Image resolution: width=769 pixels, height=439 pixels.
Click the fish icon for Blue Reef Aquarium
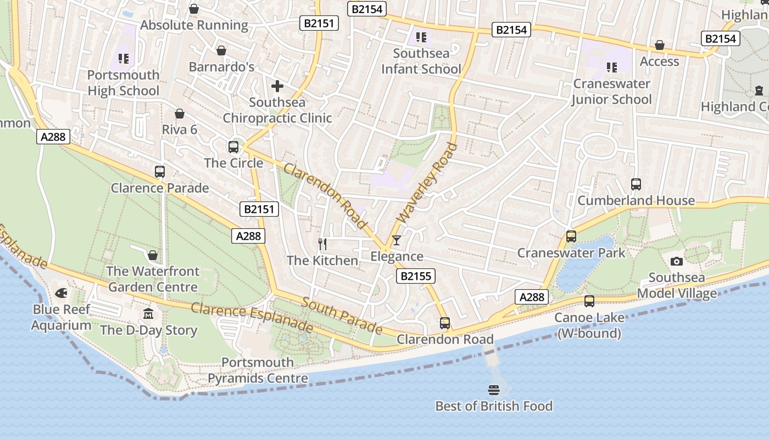click(61, 293)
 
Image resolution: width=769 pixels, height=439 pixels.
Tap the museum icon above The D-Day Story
click(148, 314)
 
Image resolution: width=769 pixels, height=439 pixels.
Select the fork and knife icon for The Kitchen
click(322, 244)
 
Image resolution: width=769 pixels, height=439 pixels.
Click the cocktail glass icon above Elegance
click(396, 240)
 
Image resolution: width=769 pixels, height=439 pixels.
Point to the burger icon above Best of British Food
click(493, 390)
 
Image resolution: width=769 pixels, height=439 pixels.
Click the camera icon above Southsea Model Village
click(677, 261)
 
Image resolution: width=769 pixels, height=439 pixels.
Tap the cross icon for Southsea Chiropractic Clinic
click(277, 86)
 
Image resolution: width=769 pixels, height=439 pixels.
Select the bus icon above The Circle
click(233, 147)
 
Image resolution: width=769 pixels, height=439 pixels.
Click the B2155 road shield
click(416, 276)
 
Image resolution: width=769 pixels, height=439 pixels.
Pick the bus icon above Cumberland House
click(636, 184)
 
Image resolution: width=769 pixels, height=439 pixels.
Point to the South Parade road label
click(342, 316)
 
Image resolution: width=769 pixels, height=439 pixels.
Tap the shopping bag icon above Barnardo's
click(221, 51)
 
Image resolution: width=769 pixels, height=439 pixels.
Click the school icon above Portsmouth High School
click(123, 58)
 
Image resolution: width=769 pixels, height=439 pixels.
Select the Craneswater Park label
click(571, 253)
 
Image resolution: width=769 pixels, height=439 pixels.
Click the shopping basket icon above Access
click(660, 46)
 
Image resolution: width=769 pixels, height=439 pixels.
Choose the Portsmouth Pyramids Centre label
click(258, 370)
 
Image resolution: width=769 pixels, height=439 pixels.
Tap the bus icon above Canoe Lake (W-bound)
click(589, 301)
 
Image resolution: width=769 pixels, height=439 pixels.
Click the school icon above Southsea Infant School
click(421, 37)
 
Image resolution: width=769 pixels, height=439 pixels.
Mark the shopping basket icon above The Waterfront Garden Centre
click(153, 255)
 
